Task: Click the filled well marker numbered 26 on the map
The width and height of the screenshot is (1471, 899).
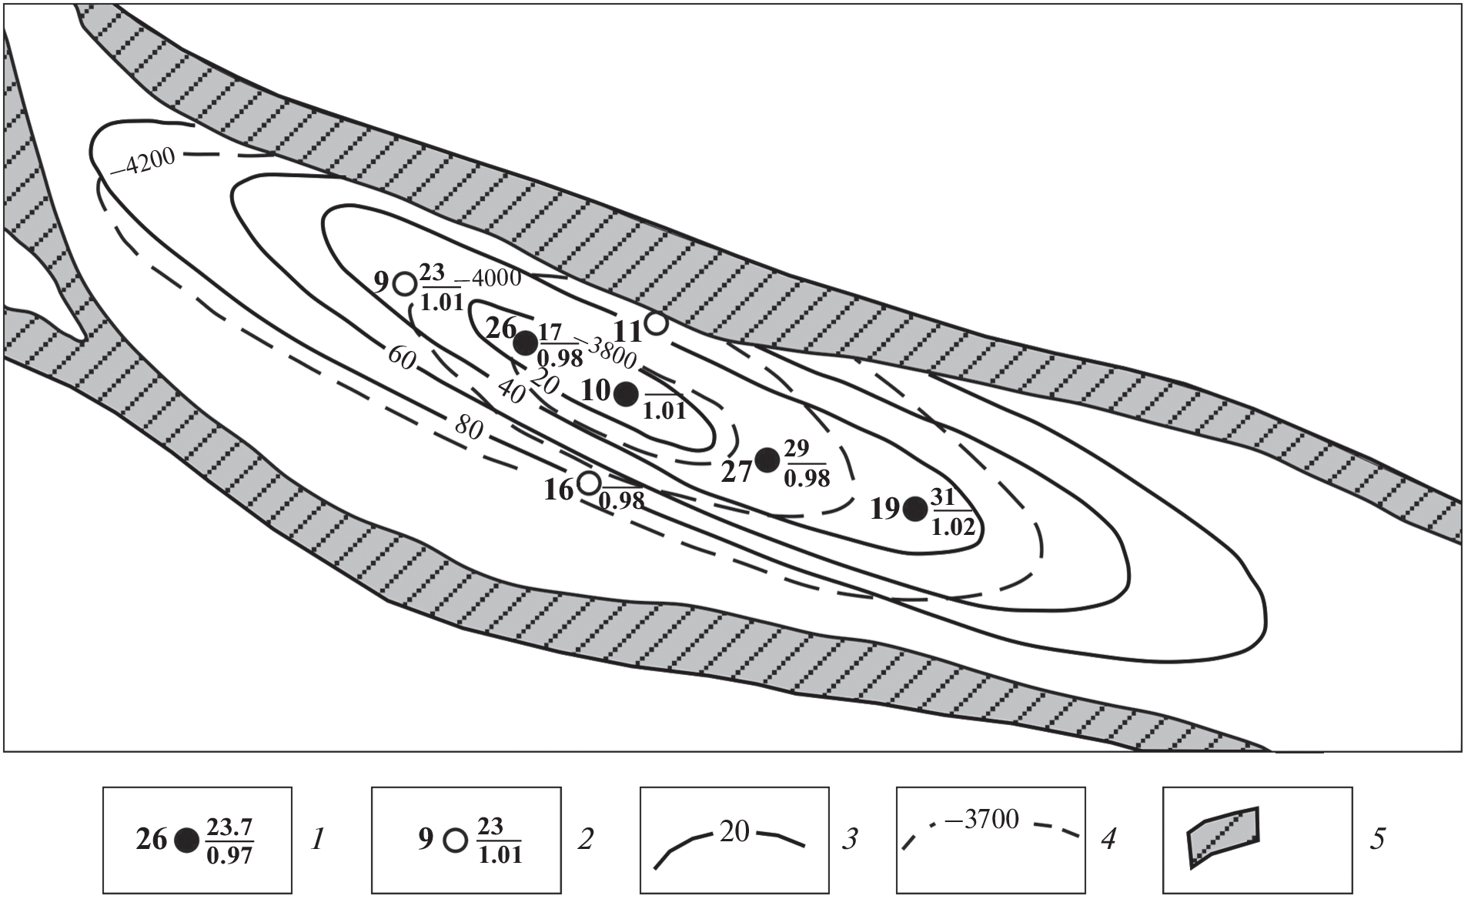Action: [x=527, y=343]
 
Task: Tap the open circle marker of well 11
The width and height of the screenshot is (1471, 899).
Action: [x=656, y=323]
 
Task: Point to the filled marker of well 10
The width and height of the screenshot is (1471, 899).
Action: [x=626, y=393]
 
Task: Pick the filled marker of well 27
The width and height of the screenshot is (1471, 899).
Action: [x=767, y=460]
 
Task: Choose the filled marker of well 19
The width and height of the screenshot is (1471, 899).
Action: [x=915, y=508]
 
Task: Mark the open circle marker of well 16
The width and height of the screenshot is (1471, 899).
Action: [x=589, y=483]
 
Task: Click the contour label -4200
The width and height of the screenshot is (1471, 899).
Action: [x=144, y=163]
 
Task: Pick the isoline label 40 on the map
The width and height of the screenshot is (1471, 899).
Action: [x=511, y=393]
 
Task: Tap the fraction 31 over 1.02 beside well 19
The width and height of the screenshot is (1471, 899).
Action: [x=954, y=512]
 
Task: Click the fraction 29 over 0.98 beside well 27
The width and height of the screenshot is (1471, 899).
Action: [x=807, y=464]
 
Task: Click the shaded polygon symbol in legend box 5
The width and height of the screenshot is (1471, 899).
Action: [x=1222, y=837]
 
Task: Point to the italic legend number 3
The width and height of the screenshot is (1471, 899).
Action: [x=849, y=839]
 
